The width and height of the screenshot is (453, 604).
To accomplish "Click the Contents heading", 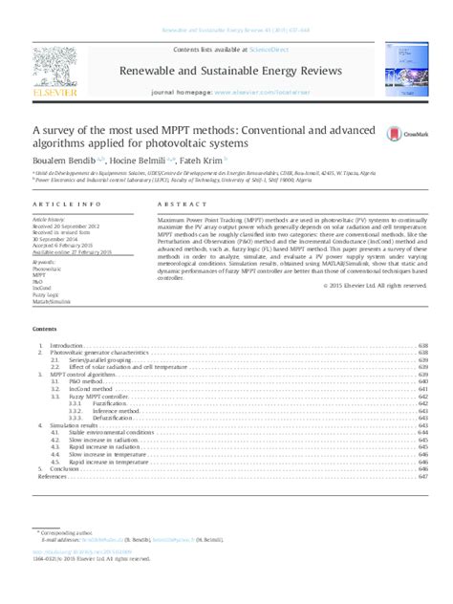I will [46, 328].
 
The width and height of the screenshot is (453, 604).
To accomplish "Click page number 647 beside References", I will [422, 477].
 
